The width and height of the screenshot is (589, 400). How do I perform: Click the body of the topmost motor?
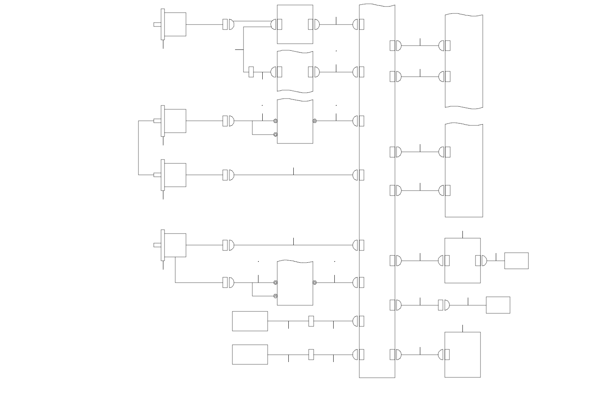point(175,25)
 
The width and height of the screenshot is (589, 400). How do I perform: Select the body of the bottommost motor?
point(175,245)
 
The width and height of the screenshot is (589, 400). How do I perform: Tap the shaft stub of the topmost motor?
point(157,25)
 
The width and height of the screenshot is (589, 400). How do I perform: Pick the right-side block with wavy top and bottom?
point(464,61)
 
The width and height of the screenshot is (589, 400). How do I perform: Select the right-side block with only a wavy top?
point(464,171)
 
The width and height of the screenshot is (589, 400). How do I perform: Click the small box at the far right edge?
point(516,261)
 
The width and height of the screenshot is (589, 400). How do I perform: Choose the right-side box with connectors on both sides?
point(462,261)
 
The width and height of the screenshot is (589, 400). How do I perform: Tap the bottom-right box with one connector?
point(462,355)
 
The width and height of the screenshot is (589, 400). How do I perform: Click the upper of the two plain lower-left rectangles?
point(250,321)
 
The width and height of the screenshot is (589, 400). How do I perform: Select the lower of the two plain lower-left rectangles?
point(250,354)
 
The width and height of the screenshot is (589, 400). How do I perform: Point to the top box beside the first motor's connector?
point(295,25)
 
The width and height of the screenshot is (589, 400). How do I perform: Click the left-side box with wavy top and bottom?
point(295,71)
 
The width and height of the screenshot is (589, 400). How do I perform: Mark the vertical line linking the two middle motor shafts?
point(139,148)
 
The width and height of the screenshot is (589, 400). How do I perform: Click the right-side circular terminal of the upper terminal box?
point(314,121)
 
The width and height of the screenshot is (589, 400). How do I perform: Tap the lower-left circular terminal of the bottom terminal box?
point(275,296)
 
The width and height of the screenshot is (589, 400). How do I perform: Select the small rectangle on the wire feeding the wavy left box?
point(251,72)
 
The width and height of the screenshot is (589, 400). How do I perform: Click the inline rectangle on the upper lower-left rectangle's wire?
point(311,321)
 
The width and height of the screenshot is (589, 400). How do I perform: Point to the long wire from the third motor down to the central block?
point(293,175)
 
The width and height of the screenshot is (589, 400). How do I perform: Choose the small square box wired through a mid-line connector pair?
point(498,305)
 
